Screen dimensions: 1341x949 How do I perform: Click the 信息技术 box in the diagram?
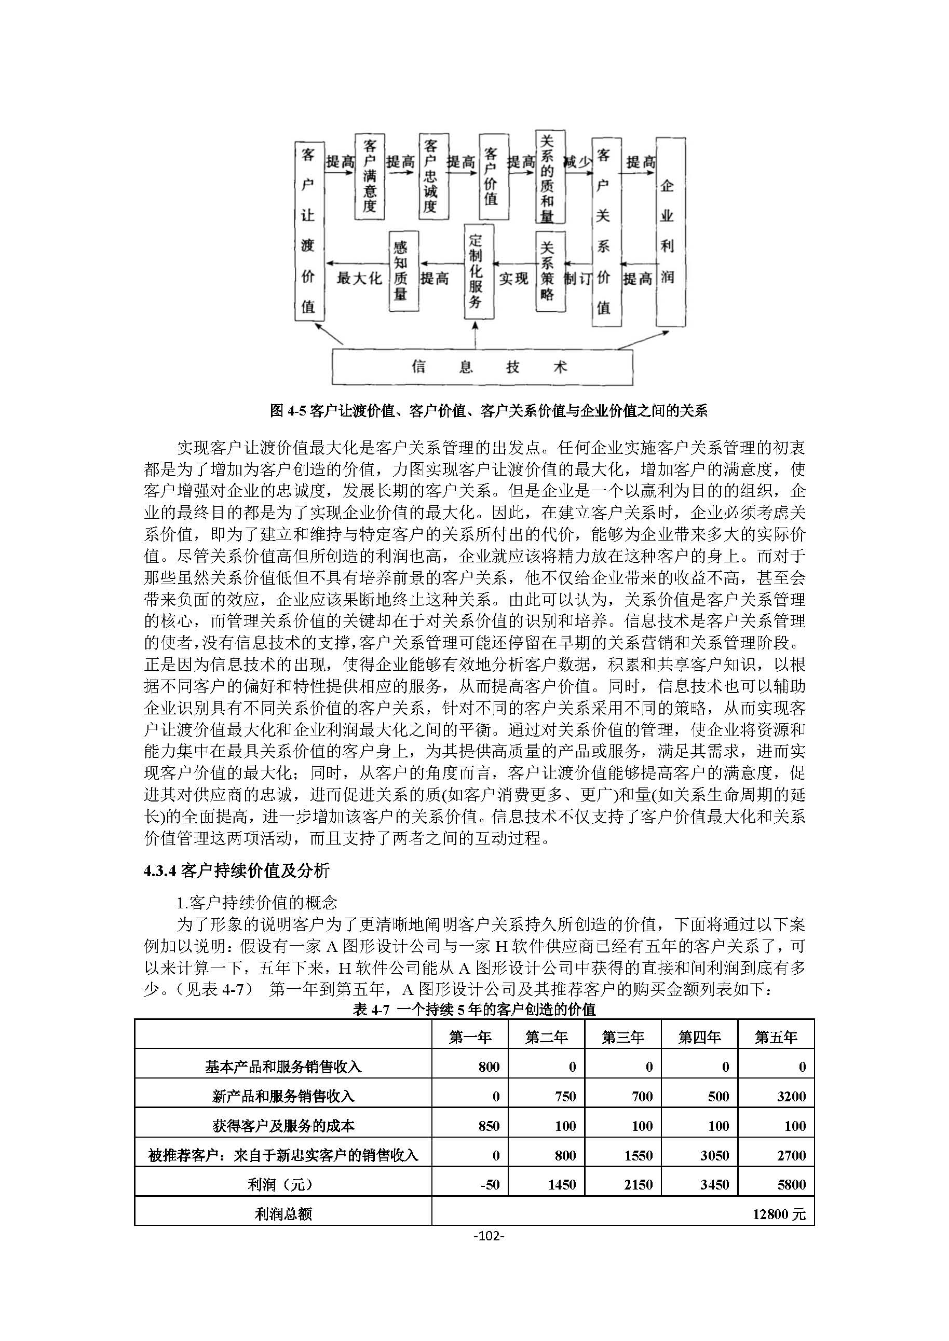tap(482, 367)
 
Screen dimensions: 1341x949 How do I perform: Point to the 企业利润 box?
tap(670, 232)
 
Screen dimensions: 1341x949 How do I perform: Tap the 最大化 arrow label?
tap(358, 278)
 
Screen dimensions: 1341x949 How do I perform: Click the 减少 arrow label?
tap(577, 161)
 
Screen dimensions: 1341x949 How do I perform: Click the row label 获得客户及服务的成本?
tap(283, 1126)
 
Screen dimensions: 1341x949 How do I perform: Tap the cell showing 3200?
tap(791, 1096)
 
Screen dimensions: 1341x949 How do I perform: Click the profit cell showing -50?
tap(489, 1184)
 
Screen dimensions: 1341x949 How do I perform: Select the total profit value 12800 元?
tap(778, 1214)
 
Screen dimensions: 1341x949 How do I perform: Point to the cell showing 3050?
tap(714, 1155)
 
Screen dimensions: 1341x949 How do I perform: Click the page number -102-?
tap(488, 1235)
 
